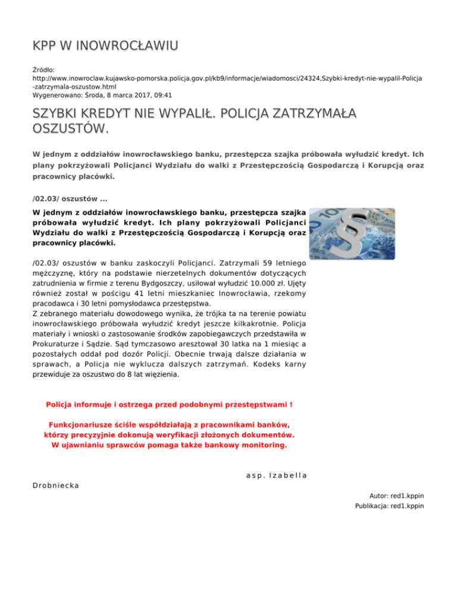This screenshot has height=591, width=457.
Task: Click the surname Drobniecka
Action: [57, 486]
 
